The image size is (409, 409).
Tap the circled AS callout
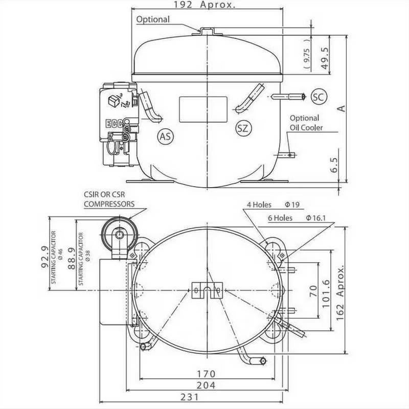pyautogui.click(x=165, y=136)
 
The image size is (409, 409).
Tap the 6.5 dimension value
pyautogui.click(x=334, y=166)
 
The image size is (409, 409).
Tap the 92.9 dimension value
pyautogui.click(x=45, y=256)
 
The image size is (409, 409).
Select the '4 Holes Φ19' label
pyautogui.click(x=273, y=204)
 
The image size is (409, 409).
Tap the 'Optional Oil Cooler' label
pyautogui.click(x=306, y=123)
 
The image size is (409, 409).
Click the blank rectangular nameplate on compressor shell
pyautogui.click(x=202, y=109)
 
